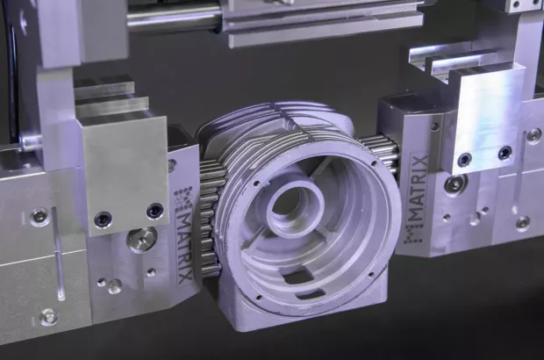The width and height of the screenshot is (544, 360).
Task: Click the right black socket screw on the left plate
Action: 154,211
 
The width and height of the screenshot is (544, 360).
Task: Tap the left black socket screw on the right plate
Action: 464,160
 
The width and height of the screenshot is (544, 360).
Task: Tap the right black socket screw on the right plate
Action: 505,153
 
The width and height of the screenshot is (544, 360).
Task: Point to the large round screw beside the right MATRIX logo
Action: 455,184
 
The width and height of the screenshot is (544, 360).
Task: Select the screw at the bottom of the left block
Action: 48,316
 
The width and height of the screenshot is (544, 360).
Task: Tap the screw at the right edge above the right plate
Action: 533,135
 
